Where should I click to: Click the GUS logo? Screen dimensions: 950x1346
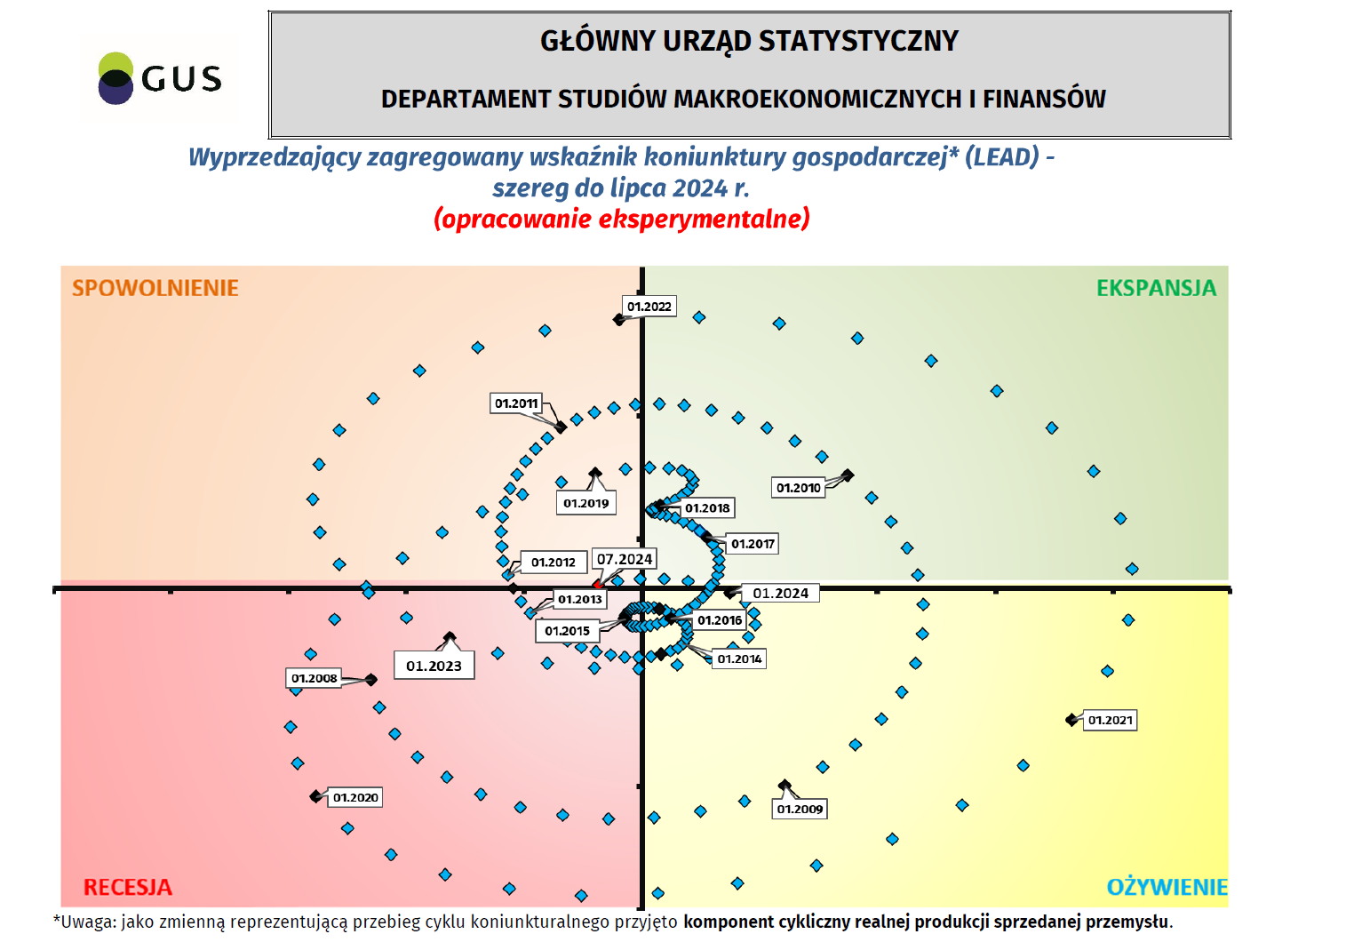click(159, 78)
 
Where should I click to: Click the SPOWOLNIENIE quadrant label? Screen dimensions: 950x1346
click(155, 288)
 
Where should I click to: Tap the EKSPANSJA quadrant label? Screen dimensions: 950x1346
click(1156, 288)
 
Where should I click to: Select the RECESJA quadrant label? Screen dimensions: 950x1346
click(128, 887)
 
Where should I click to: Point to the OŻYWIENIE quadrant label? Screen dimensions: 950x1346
click(1167, 887)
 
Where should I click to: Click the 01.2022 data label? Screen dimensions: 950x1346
click(649, 307)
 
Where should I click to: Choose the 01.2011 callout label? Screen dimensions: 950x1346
click(516, 403)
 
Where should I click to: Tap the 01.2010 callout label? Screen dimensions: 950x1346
click(799, 488)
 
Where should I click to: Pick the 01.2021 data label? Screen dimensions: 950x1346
click(1111, 721)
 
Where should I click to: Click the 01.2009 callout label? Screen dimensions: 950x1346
click(800, 810)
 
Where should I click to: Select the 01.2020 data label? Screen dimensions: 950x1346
click(355, 798)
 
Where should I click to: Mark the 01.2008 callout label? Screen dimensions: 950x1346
click(315, 679)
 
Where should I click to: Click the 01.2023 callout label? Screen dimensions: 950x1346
click(434, 666)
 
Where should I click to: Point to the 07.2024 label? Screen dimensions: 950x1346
click(625, 559)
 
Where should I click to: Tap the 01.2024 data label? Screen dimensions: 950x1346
click(781, 594)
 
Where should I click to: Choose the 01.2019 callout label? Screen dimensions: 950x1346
click(586, 503)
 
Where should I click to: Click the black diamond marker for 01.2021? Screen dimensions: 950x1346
click(1072, 720)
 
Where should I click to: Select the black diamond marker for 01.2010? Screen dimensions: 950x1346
click(848, 475)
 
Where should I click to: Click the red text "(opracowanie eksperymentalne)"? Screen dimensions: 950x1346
click(622, 219)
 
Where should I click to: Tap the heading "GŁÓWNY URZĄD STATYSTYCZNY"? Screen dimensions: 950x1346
click(749, 41)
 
